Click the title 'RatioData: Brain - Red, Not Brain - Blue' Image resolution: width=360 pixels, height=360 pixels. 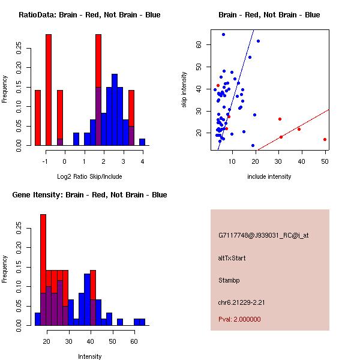[89, 15]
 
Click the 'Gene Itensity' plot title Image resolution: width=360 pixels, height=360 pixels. [89, 195]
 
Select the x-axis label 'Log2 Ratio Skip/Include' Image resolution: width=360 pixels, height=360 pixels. [89, 176]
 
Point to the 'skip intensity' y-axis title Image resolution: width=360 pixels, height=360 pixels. [185, 90]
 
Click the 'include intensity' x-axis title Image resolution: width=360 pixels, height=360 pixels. [269, 176]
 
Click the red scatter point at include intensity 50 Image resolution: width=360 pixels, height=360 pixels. [325, 139]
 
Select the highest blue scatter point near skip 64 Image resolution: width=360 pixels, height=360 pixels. [223, 35]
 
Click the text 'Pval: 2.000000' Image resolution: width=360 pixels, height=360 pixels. [239, 319]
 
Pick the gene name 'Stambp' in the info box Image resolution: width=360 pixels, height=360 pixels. [229, 280]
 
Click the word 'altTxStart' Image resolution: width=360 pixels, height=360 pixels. [232, 258]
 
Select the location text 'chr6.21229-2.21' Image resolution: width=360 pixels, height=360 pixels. [241, 301]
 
